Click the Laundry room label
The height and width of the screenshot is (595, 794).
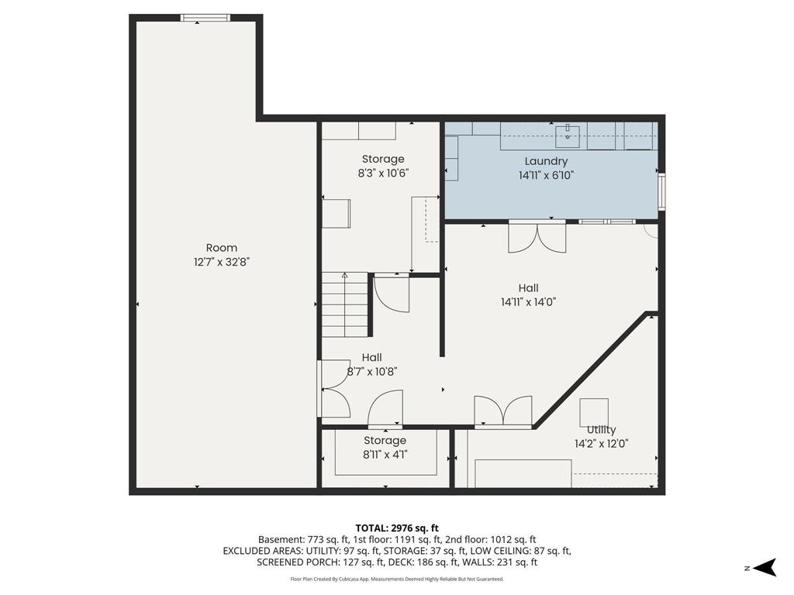click(x=546, y=161)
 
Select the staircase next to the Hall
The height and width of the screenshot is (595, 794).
click(x=345, y=304)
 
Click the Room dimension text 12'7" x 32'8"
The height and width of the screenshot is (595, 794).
click(x=222, y=262)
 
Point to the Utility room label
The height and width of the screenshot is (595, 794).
click(x=601, y=430)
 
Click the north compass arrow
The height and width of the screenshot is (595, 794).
click(x=765, y=567)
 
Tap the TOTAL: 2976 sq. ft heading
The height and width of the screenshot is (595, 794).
click(x=397, y=528)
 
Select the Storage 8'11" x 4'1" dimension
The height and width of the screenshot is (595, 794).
click(x=385, y=455)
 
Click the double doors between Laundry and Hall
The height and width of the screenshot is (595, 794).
click(x=537, y=237)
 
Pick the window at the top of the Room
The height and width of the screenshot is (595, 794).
click(x=205, y=18)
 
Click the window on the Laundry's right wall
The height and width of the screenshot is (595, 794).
click(x=661, y=192)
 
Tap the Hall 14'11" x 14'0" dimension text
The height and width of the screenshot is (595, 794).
click(x=529, y=302)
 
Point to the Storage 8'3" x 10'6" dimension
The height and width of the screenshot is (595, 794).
click(x=383, y=173)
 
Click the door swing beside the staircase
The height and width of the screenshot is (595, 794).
click(x=392, y=294)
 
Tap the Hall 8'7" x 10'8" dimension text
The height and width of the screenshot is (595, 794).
click(x=372, y=372)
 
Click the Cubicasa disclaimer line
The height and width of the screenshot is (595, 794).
click(x=397, y=579)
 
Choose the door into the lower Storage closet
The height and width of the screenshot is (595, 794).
click(x=385, y=409)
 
